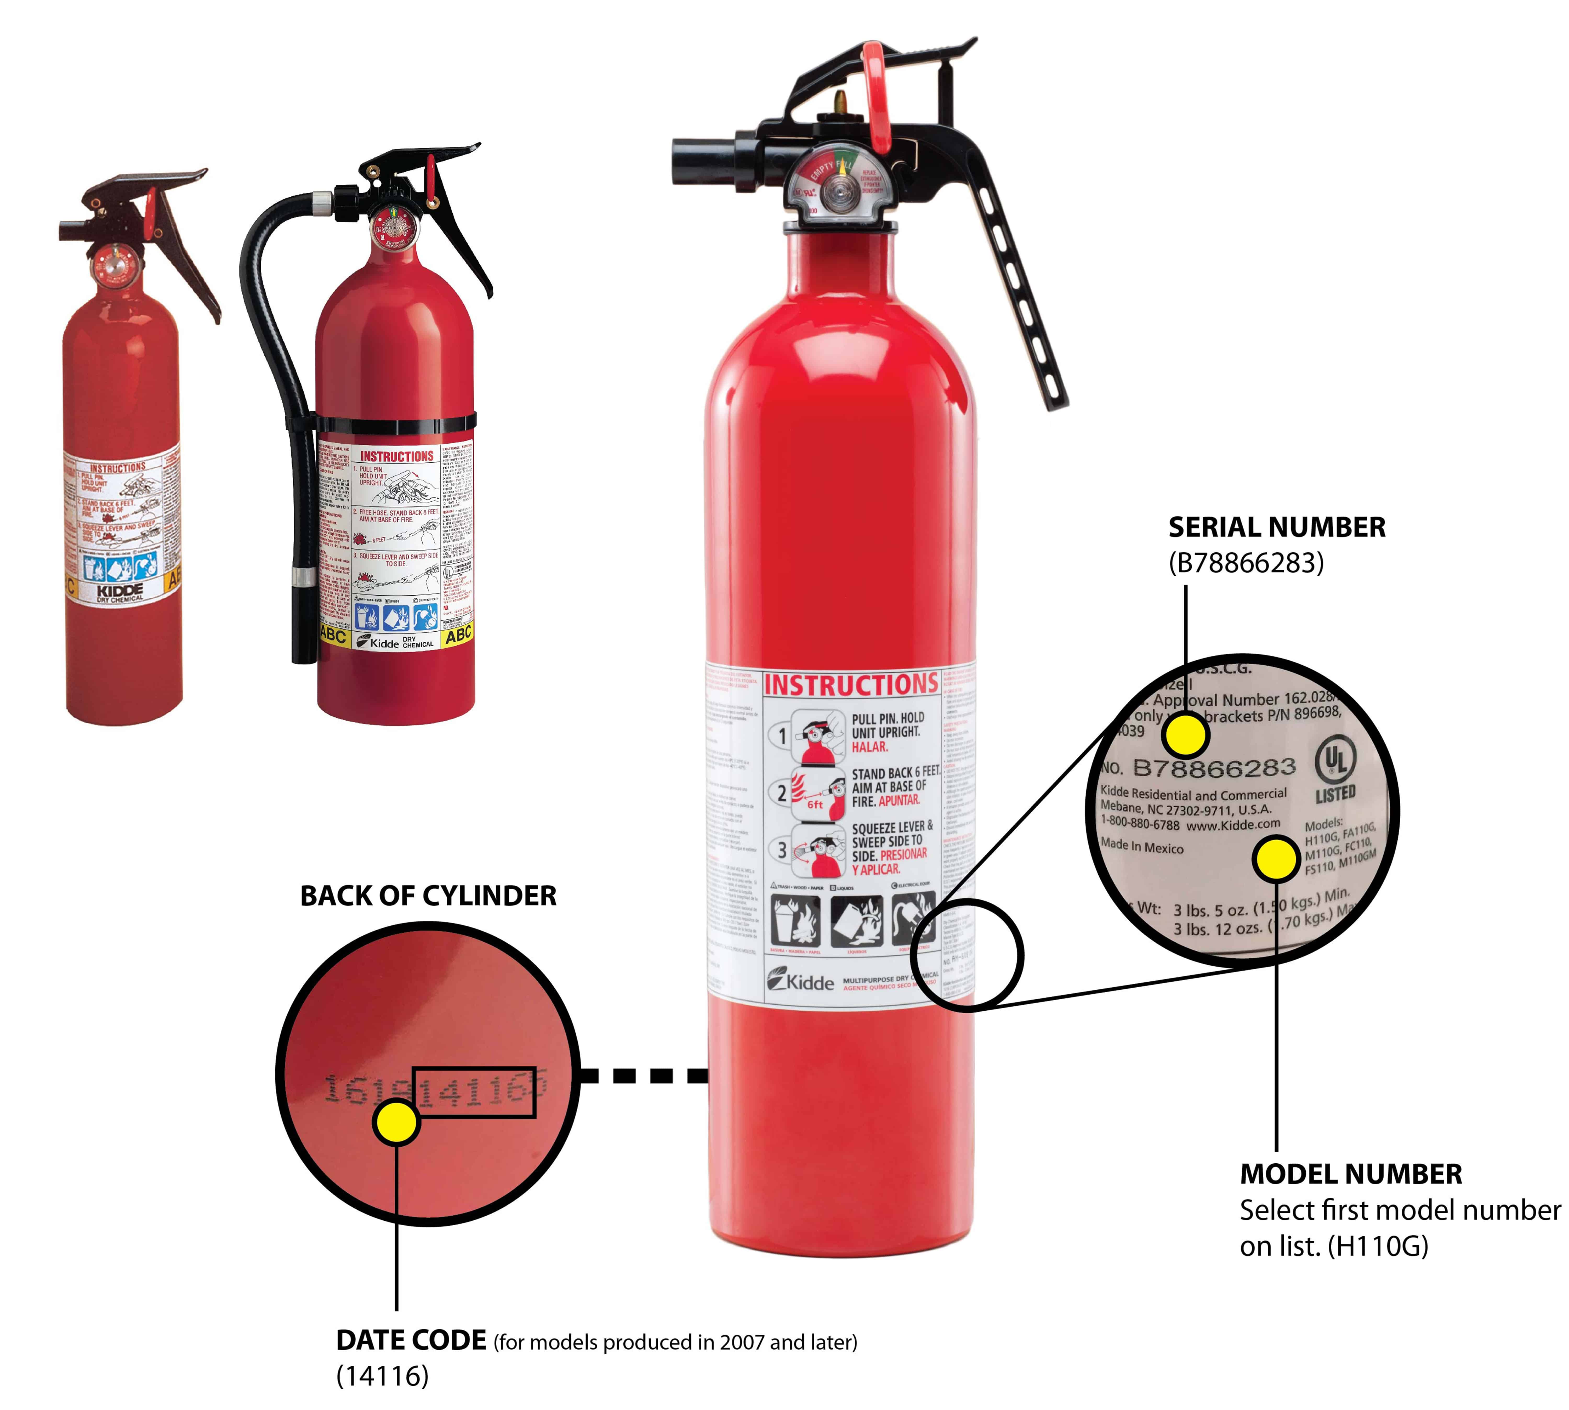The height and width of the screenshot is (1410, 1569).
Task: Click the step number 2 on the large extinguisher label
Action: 781,792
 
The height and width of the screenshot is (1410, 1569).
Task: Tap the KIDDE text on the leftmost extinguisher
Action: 120,590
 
